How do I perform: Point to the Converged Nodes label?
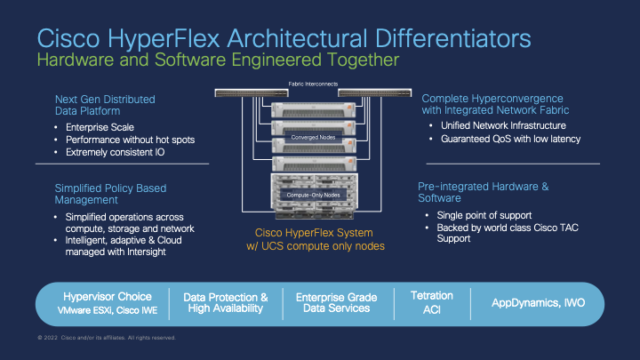click(x=314, y=139)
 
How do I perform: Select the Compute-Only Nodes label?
click(x=314, y=194)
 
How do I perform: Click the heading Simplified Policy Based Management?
click(x=111, y=194)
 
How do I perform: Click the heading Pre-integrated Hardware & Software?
click(x=483, y=193)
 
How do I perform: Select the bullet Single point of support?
click(x=484, y=216)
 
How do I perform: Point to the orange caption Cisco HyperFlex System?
click(x=314, y=233)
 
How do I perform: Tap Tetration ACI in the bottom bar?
click(x=432, y=301)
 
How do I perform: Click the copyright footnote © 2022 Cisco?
click(x=107, y=338)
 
